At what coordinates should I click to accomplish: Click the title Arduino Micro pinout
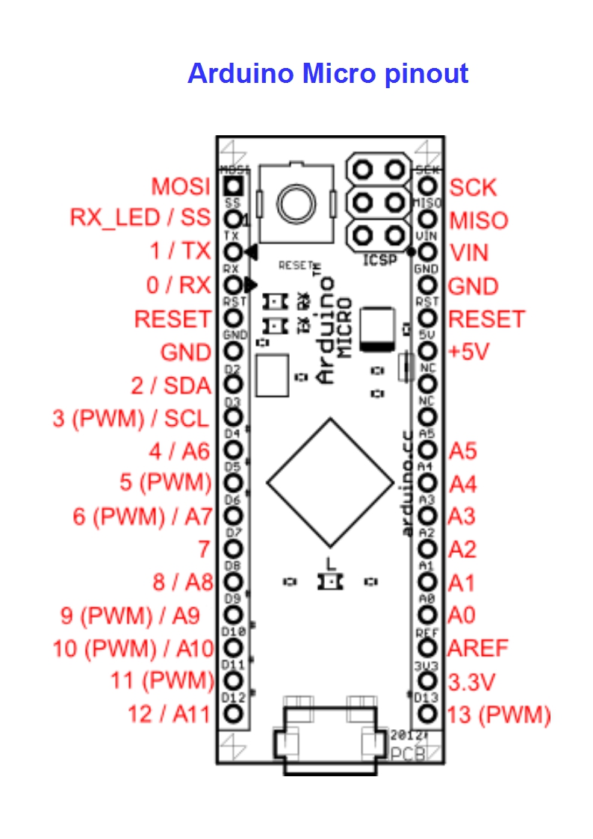(328, 74)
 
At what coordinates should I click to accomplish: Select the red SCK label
(473, 188)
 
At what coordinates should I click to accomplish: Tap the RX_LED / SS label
(141, 218)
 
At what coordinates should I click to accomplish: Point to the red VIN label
(468, 253)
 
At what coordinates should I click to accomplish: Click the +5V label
(468, 351)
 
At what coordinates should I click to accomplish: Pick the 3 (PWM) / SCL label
(131, 418)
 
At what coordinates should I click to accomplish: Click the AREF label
(478, 648)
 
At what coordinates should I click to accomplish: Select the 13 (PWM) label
(498, 715)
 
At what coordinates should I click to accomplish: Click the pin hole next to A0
(427, 615)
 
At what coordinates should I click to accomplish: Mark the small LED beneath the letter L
(329, 581)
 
